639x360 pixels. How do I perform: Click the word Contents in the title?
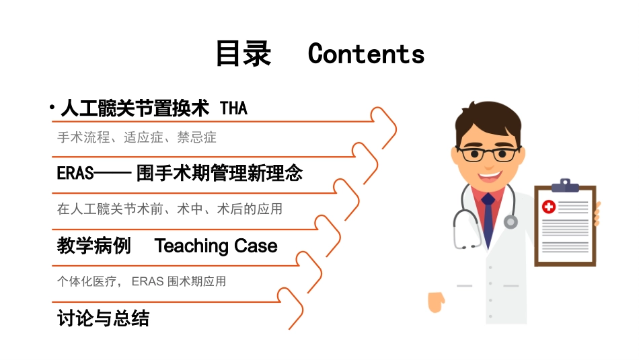click(366, 54)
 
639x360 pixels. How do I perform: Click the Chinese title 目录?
click(243, 54)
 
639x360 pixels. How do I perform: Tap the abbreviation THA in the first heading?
click(233, 108)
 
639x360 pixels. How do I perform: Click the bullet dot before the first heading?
click(52, 108)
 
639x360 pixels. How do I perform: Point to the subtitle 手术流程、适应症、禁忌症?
click(137, 138)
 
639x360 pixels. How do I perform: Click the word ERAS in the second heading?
click(75, 174)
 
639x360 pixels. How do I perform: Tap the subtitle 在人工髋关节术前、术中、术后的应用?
click(170, 209)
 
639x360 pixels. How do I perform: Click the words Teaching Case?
click(216, 246)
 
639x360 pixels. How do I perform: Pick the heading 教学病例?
click(94, 246)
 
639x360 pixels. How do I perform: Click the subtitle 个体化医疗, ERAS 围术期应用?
click(141, 281)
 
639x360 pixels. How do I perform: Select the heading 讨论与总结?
click(103, 318)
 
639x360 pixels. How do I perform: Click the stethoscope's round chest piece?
click(511, 221)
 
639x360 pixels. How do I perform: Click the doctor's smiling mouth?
click(490, 176)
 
